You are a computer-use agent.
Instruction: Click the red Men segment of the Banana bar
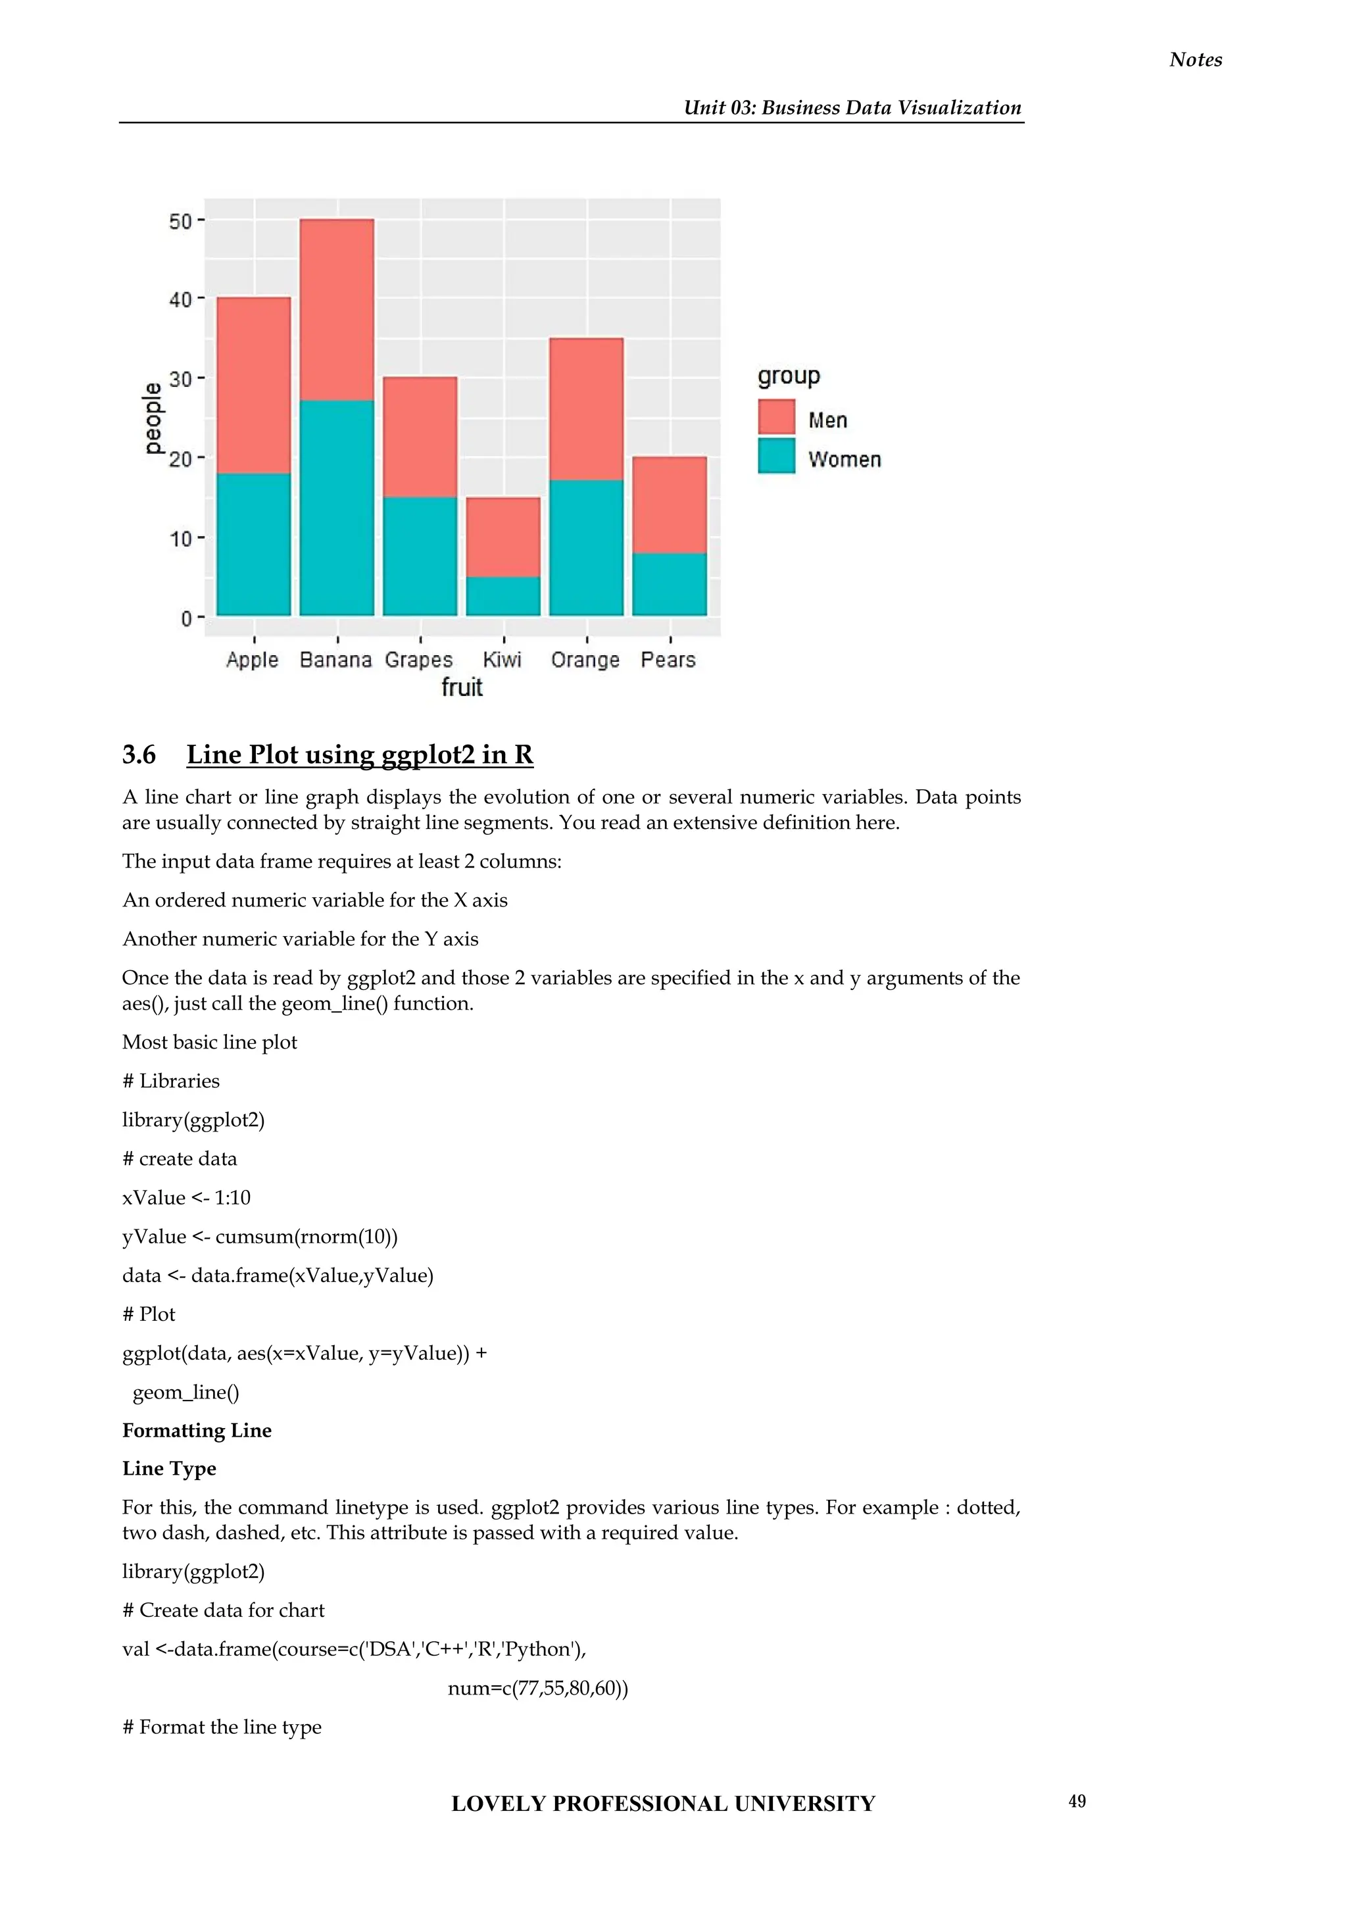[337, 309]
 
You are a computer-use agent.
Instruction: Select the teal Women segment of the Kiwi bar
[502, 596]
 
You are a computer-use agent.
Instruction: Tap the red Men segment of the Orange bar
[587, 409]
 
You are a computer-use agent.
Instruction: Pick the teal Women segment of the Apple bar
[254, 544]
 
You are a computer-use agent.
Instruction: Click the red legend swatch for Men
[776, 417]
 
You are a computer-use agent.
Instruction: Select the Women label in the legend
[845, 460]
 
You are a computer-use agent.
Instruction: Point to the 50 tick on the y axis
[180, 222]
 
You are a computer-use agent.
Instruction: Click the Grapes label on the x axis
[419, 660]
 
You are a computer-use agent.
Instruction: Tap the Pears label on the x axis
[668, 660]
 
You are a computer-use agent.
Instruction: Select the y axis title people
[153, 418]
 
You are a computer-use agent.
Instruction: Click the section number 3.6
[139, 755]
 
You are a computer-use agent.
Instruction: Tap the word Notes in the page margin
[1195, 60]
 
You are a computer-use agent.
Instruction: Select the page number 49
[1077, 1800]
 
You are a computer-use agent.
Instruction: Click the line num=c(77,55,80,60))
[537, 1688]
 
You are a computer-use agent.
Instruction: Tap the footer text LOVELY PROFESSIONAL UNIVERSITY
[663, 1803]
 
